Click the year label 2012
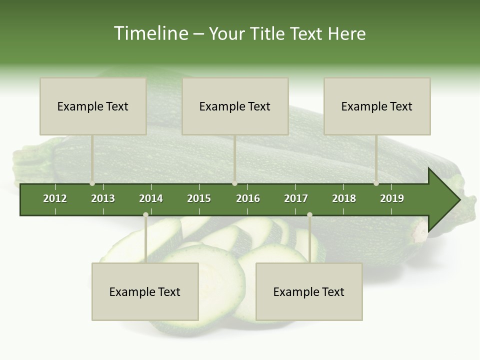(x=55, y=198)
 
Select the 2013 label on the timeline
(x=103, y=198)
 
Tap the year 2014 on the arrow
(x=151, y=198)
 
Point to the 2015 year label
(x=199, y=198)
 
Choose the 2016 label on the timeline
(x=248, y=198)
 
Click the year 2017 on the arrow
(x=296, y=198)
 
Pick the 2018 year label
(x=344, y=198)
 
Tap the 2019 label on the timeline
(x=392, y=198)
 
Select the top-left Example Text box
(x=93, y=106)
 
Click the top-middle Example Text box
(x=235, y=106)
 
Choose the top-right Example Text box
(x=377, y=106)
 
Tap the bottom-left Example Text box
(x=145, y=291)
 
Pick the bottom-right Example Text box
(x=309, y=291)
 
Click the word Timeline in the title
(x=150, y=33)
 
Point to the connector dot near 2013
(x=92, y=183)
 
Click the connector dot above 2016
(x=234, y=183)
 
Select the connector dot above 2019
(x=376, y=183)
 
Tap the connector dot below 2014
(x=145, y=214)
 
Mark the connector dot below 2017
(x=309, y=214)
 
